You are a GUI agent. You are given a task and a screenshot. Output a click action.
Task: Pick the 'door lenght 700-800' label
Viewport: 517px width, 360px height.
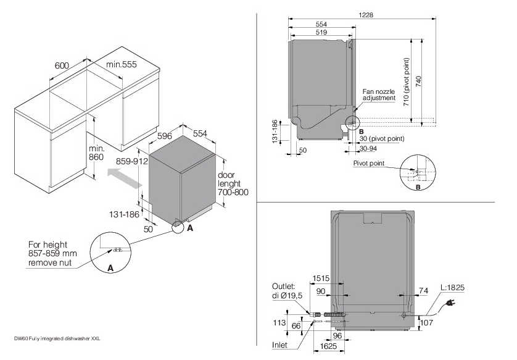pyautogui.click(x=233, y=183)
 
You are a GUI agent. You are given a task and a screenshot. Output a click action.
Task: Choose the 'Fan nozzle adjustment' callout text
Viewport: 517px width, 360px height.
pyautogui.click(x=379, y=94)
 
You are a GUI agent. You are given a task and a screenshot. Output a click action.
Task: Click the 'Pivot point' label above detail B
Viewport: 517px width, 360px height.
pyautogui.click(x=370, y=164)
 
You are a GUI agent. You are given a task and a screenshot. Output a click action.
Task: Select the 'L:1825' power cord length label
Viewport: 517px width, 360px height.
pyautogui.click(x=452, y=288)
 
